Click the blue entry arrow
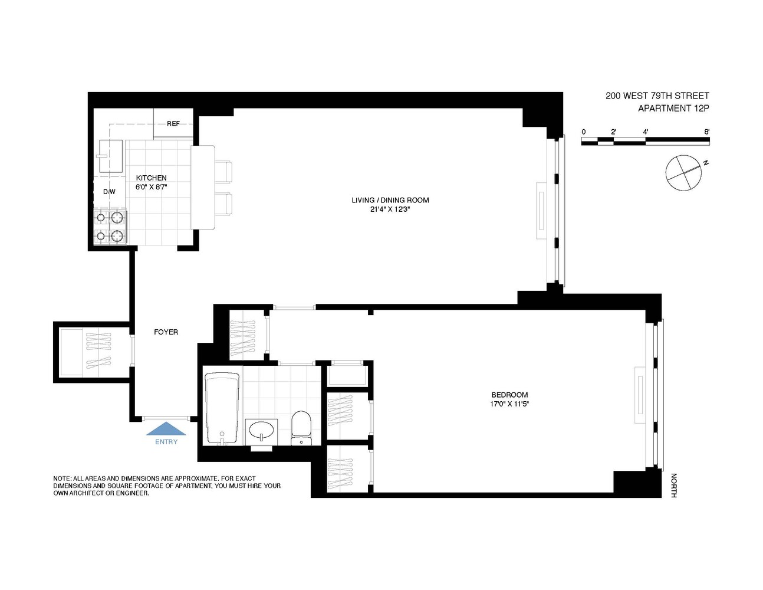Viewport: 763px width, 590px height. pos(166,429)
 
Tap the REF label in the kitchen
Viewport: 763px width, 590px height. pos(173,124)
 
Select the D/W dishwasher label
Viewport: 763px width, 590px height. pos(109,192)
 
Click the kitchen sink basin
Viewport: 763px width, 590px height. pos(110,156)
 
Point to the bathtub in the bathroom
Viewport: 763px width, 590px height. pos(222,408)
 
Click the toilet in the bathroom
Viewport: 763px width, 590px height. pos(301,428)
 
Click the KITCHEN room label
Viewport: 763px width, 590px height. pos(151,178)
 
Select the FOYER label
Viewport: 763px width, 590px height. pos(166,332)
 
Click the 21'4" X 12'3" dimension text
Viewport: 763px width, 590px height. pos(390,209)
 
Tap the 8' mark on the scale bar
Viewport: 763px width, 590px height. pos(706,132)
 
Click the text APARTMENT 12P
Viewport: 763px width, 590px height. pos(673,109)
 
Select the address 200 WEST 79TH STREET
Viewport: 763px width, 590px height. pos(657,96)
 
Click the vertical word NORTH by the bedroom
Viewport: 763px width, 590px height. pos(673,485)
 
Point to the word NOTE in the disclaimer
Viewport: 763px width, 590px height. pos(62,478)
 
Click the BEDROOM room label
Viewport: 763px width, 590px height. pos(509,395)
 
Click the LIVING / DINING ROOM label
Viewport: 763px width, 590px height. pos(390,200)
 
